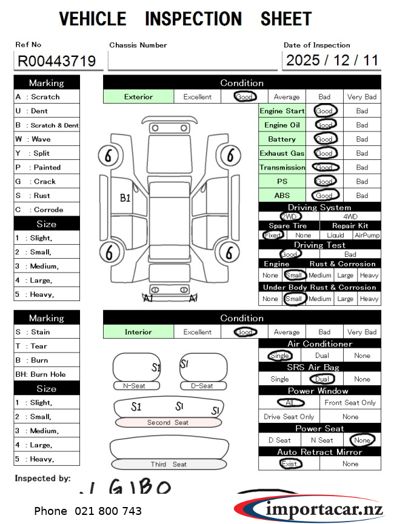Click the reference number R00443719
click(x=56, y=61)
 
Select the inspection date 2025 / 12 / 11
click(x=332, y=60)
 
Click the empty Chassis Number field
click(x=192, y=61)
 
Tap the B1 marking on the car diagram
click(x=125, y=197)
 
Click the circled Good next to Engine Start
click(x=324, y=111)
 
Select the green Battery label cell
click(x=282, y=139)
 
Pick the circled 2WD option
click(x=290, y=216)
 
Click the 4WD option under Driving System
click(x=350, y=216)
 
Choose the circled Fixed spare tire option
click(x=273, y=235)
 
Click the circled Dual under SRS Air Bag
click(x=321, y=379)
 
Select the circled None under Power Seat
click(x=362, y=440)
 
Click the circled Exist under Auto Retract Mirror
click(x=289, y=463)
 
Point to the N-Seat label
click(x=137, y=385)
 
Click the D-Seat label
click(x=202, y=385)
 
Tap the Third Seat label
click(x=169, y=465)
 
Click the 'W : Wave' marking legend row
click(x=47, y=139)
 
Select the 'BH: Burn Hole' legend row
click(x=47, y=374)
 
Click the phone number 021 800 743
click(x=88, y=511)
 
